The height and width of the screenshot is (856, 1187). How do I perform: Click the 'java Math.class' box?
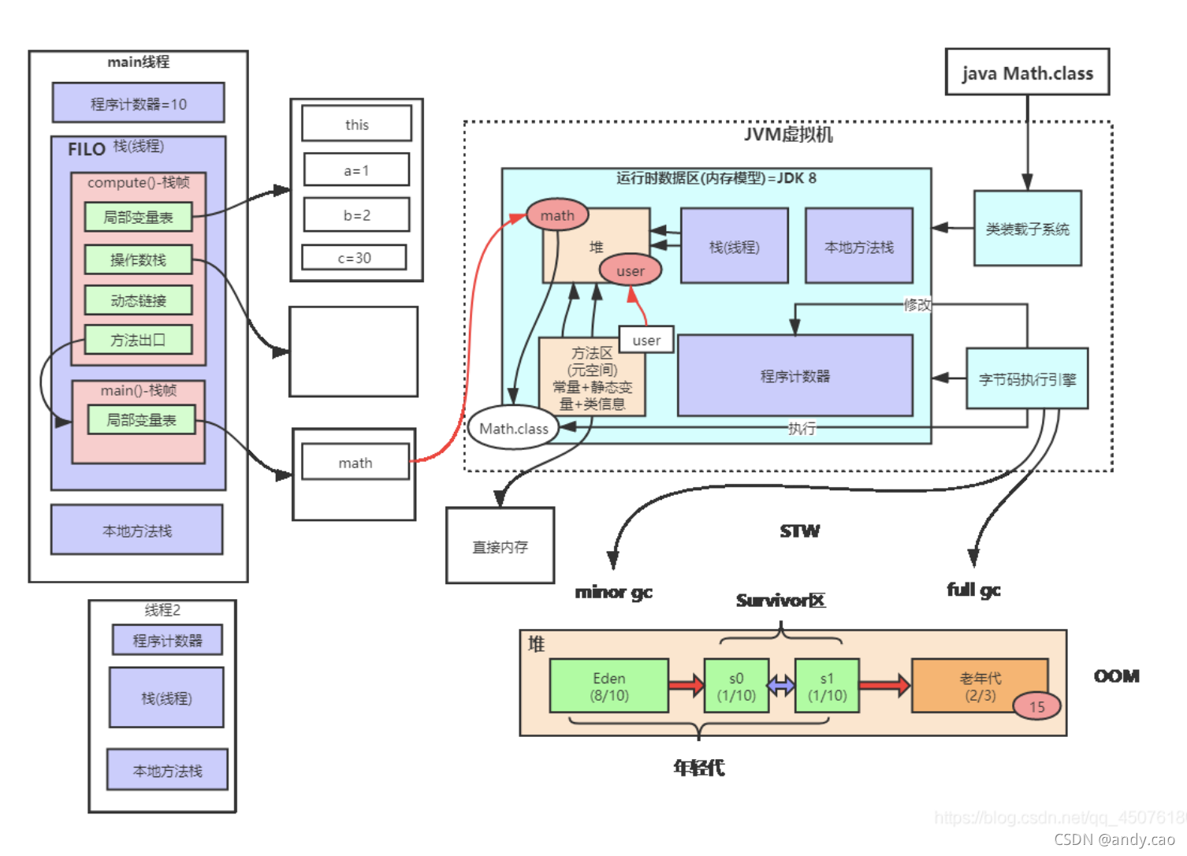coord(1027,73)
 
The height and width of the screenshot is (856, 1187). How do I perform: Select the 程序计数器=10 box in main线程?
coord(138,103)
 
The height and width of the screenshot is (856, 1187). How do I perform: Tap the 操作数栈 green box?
coord(138,259)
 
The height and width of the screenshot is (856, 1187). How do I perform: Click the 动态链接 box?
coord(138,300)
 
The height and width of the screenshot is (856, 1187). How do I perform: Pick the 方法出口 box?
coord(138,340)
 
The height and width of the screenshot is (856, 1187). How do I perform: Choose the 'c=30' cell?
coord(354,258)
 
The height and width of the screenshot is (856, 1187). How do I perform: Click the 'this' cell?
coord(356,124)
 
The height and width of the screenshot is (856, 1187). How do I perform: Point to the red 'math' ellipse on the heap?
coord(557,215)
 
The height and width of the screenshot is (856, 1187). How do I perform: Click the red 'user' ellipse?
coord(630,270)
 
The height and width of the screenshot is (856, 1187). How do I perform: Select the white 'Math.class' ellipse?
coord(514,428)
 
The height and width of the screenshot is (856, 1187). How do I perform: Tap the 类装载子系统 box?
coord(1027,229)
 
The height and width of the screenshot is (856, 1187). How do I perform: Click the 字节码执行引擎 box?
coord(1027,379)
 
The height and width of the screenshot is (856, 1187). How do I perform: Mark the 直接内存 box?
coord(500,545)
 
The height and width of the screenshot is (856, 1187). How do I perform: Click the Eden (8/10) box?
coord(608,687)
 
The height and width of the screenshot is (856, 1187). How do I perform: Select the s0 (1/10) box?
coord(736,687)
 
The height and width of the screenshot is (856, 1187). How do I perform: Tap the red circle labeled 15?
coord(1036,706)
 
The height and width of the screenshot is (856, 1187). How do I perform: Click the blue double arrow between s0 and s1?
coord(781,686)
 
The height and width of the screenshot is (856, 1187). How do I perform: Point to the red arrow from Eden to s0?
coord(686,685)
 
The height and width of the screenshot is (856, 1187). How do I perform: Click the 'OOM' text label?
coord(1116,675)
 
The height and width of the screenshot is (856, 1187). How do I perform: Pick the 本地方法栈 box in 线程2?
coord(167,770)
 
